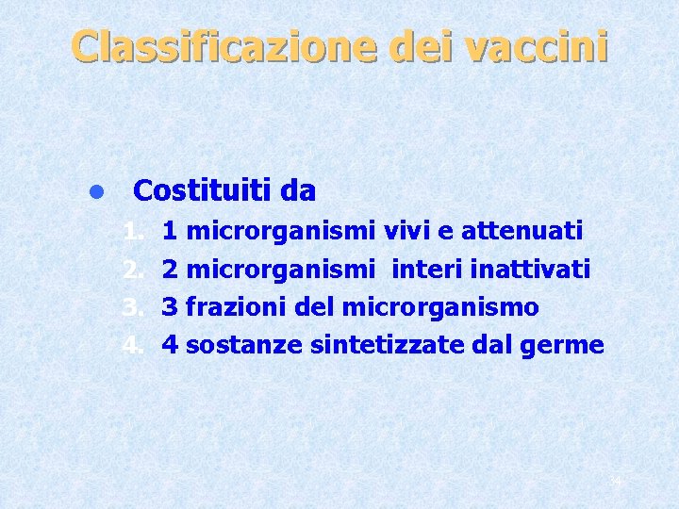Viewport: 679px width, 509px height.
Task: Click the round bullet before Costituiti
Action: pos(94,193)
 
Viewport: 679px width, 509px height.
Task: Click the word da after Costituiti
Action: pos(298,191)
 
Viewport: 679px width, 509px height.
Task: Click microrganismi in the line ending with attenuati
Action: pos(284,230)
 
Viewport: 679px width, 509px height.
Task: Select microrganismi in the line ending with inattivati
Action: pos(284,269)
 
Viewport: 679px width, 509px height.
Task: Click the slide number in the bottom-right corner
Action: pos(615,483)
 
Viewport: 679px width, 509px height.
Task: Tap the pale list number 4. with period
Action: pos(133,345)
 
